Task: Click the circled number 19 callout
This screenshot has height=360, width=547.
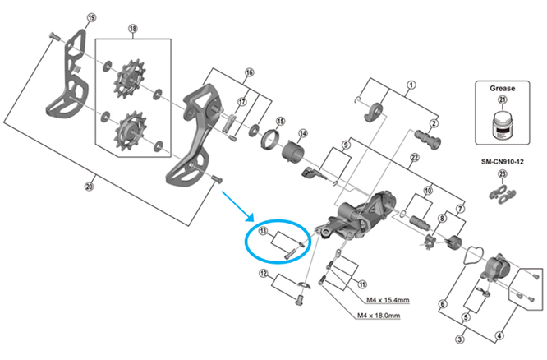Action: (91, 19)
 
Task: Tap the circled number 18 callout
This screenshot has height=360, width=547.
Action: (133, 30)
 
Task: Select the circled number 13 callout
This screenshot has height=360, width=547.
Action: (264, 233)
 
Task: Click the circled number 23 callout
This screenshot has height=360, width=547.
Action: (503, 173)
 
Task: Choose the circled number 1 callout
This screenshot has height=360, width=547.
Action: (411, 82)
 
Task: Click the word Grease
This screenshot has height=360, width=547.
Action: (503, 85)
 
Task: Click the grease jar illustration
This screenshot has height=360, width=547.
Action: (503, 124)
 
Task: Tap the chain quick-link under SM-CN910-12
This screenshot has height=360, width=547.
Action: (503, 192)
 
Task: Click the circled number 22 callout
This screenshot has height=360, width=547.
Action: (416, 157)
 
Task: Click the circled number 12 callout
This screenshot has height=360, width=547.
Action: (264, 273)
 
